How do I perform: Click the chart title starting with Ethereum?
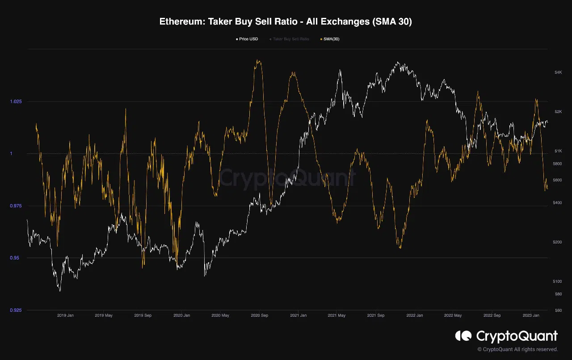click(286, 21)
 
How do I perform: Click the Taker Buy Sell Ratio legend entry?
click(290, 39)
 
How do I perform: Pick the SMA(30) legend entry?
click(331, 39)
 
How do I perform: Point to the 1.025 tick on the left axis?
click(16, 101)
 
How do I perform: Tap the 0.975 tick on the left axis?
click(16, 206)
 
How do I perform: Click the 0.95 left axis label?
click(17, 258)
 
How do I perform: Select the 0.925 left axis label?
click(16, 310)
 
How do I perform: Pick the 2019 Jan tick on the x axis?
click(65, 315)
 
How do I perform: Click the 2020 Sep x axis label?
click(259, 315)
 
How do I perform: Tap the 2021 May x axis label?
click(336, 315)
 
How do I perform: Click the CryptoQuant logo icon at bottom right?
click(463, 336)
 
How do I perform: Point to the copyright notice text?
click(517, 349)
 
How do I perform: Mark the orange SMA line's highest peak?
click(258, 60)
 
